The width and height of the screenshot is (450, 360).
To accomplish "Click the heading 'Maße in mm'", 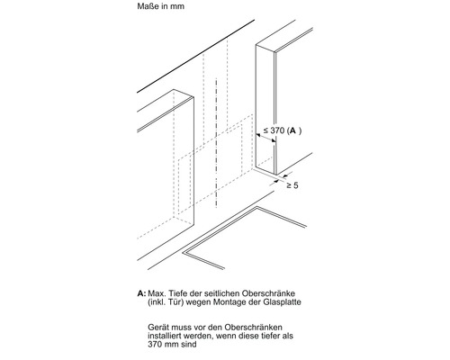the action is (161, 6).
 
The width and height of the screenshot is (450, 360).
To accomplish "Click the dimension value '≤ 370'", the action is (274, 130).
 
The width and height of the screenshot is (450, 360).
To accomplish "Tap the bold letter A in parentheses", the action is (293, 130).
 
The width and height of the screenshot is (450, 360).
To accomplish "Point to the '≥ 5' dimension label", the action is (292, 185).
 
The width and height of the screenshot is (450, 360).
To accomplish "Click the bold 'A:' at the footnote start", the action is (141, 293).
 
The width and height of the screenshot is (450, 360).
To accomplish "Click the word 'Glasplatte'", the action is (282, 301).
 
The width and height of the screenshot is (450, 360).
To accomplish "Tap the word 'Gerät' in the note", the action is (157, 327).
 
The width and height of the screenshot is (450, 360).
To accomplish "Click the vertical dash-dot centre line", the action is (216, 143).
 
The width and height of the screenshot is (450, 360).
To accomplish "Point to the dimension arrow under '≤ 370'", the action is (265, 138).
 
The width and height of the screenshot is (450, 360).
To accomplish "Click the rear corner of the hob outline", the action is (256, 207).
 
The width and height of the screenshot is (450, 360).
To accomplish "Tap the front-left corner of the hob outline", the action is (184, 253).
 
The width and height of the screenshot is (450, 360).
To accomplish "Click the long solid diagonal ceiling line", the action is (196, 56).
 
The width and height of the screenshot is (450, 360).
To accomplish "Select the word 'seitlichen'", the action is (215, 293).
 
